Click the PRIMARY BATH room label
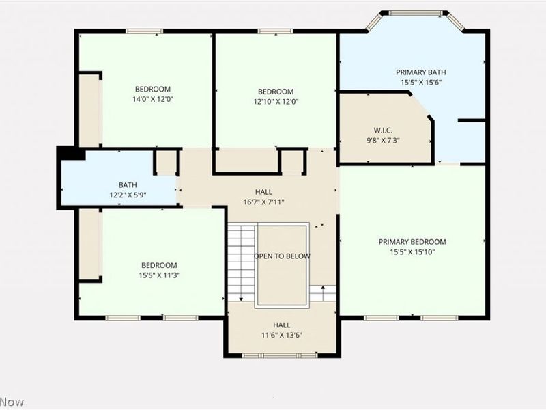click(x=421, y=72)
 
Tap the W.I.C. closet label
click(x=383, y=130)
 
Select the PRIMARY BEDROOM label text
click(x=412, y=242)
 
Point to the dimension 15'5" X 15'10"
click(x=412, y=251)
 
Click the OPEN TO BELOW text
click(x=282, y=256)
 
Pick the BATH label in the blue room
click(x=128, y=184)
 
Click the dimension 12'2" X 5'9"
click(x=128, y=195)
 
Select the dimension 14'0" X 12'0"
click(x=152, y=99)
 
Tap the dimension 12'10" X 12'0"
click(x=276, y=102)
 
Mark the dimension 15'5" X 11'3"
click(x=159, y=275)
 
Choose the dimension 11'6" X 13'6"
click(x=282, y=335)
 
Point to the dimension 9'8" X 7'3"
click(x=383, y=140)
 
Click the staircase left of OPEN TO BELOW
click(x=241, y=261)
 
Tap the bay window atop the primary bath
click(x=416, y=13)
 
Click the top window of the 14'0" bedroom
click(x=145, y=31)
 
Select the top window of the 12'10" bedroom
click(x=275, y=31)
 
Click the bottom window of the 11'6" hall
click(x=280, y=355)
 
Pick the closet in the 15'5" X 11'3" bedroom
click(x=89, y=245)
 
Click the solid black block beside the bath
click(x=71, y=153)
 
